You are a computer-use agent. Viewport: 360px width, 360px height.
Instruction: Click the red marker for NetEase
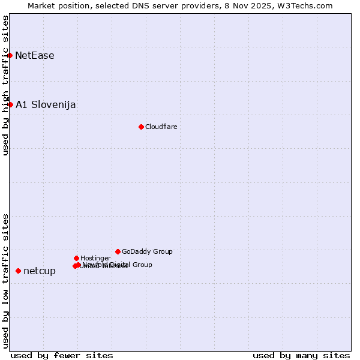pyautogui.click(x=10, y=56)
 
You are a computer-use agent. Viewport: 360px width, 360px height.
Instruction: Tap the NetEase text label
pyautogui.click(x=35, y=56)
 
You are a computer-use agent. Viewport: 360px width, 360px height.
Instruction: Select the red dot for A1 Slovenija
pyautogui.click(x=10, y=104)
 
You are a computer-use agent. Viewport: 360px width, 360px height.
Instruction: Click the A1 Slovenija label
pyautogui.click(x=46, y=105)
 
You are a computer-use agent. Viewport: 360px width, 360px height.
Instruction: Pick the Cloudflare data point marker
pyautogui.click(x=141, y=127)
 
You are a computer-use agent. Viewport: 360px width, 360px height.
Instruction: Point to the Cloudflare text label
pyautogui.click(x=161, y=127)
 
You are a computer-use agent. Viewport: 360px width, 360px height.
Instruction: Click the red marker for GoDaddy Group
pyautogui.click(x=118, y=251)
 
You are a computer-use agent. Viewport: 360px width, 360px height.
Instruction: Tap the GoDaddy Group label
pyautogui.click(x=147, y=251)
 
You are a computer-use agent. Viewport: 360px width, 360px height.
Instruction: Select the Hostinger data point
pyautogui.click(x=76, y=258)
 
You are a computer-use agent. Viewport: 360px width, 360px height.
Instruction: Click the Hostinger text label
pyautogui.click(x=95, y=258)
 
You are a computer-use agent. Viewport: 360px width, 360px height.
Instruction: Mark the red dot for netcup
pyautogui.click(x=18, y=271)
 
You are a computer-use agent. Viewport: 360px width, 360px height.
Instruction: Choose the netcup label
pyautogui.click(x=40, y=271)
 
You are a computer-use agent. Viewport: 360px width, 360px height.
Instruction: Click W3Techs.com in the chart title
pyautogui.click(x=307, y=6)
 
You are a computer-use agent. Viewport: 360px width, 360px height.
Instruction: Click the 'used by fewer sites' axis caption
pyautogui.click(x=62, y=355)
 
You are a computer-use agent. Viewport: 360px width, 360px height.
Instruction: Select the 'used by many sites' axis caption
pyautogui.click(x=301, y=355)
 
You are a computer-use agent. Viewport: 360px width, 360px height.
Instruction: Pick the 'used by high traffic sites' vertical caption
pyautogui.click(x=5, y=85)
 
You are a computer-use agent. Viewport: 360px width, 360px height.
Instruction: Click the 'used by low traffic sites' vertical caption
pyautogui.click(x=5, y=280)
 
